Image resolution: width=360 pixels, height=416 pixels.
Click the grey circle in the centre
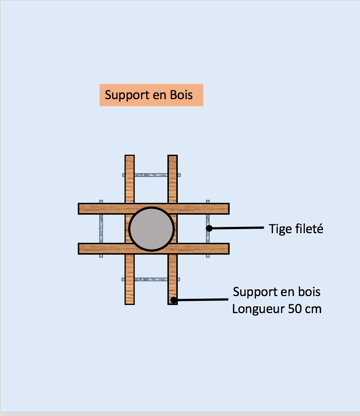coord(151,229)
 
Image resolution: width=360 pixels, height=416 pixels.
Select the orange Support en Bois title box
coord(151,95)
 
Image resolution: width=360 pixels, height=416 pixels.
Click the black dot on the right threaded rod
coord(209,228)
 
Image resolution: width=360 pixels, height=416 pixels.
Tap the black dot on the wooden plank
coord(173,300)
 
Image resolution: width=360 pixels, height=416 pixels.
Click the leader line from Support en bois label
coord(202,299)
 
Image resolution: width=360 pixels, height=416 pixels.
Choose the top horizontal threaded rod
coord(151,174)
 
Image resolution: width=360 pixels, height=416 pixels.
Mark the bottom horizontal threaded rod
coord(151,279)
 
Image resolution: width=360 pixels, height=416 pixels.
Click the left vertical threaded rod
coord(101,229)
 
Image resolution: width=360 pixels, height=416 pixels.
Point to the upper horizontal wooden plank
coord(153,209)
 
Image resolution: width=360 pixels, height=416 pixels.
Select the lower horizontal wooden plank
coord(153,248)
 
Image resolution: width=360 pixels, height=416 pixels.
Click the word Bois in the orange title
coord(181,95)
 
